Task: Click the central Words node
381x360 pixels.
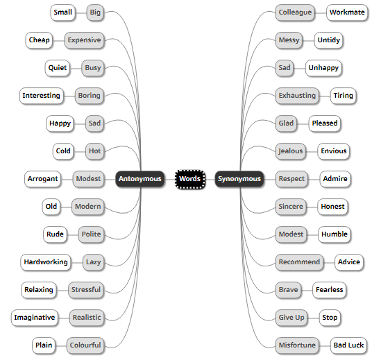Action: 189,179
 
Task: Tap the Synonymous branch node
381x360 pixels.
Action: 239,179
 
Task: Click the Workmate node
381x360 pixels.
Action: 347,12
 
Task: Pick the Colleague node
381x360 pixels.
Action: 295,12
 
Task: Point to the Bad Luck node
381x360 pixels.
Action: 348,345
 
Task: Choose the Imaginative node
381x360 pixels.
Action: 35,318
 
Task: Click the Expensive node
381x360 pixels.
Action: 84,40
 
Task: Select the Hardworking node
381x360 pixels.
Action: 46,262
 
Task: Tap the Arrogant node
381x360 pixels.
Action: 43,179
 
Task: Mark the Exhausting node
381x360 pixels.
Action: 297,96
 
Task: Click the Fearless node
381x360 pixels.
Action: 329,290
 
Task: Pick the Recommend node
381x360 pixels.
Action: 299,262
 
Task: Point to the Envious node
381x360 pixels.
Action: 333,151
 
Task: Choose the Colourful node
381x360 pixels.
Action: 85,345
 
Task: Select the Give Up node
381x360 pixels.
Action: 291,318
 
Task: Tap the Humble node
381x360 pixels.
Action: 335,234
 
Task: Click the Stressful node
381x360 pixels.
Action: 86,290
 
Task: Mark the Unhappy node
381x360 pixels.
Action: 323,68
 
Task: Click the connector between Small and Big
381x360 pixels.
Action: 81,12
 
